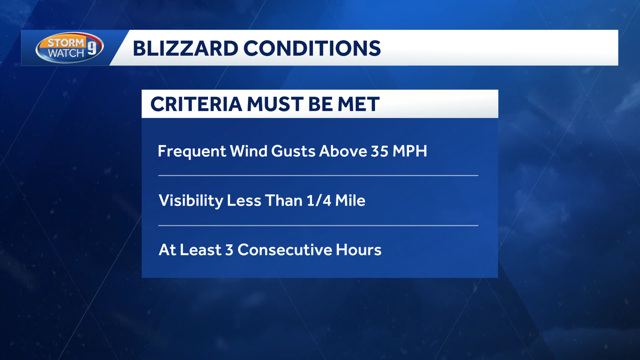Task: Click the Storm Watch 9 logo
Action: pyautogui.click(x=70, y=49)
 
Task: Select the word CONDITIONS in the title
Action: pyautogui.click(x=305, y=49)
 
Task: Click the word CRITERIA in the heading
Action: pyautogui.click(x=195, y=104)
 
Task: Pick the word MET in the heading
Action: pyautogui.click(x=357, y=104)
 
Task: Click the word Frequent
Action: pyautogui.click(x=191, y=151)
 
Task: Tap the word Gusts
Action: pyautogui.click(x=294, y=151)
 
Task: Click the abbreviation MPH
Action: pyautogui.click(x=410, y=151)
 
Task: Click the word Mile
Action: pyautogui.click(x=349, y=201)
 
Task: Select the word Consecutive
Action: pyautogui.click(x=286, y=250)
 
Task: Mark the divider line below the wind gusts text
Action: pyautogui.click(x=318, y=175)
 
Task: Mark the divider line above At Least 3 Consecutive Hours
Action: pyautogui.click(x=318, y=226)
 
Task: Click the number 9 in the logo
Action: pyautogui.click(x=91, y=50)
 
